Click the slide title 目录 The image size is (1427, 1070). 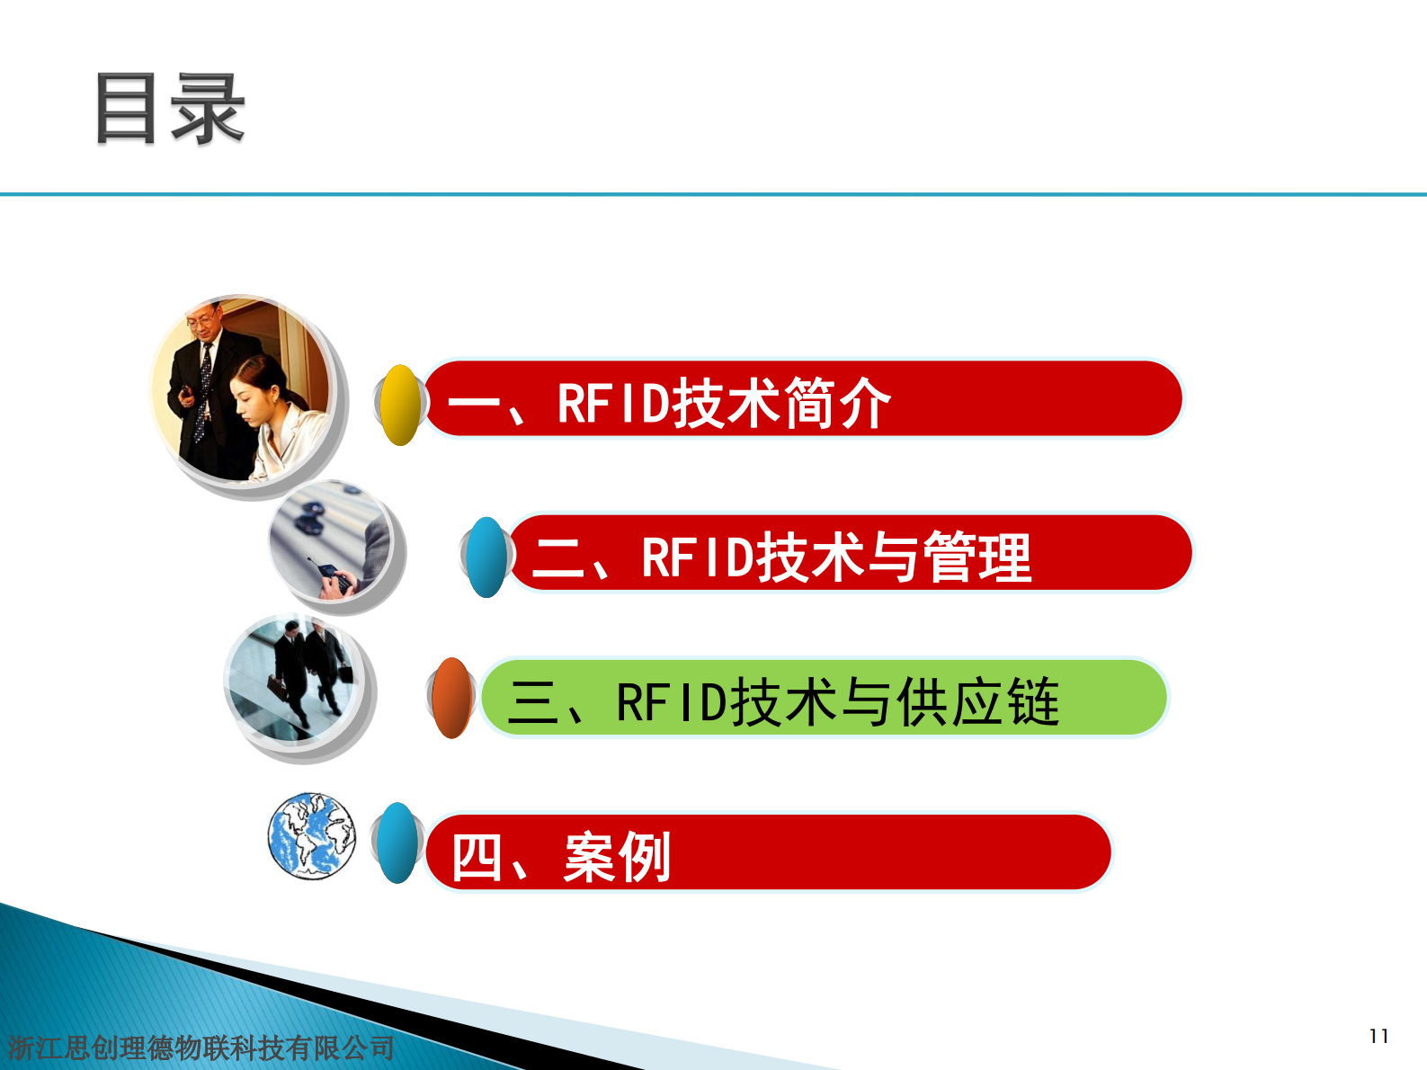[169, 109]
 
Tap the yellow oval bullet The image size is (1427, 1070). [400, 405]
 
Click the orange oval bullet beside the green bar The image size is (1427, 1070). [451, 698]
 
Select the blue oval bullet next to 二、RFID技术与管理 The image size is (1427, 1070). [486, 557]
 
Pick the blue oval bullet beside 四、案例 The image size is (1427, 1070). [397, 843]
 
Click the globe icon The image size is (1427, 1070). [311, 835]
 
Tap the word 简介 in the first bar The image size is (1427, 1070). [836, 404]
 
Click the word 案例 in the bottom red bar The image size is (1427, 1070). [617, 857]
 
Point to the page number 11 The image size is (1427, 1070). [1378, 1036]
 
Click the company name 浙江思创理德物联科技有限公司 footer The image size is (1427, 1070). [201, 1048]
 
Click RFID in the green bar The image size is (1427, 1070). [671, 702]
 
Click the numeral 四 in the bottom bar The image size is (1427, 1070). [476, 857]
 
